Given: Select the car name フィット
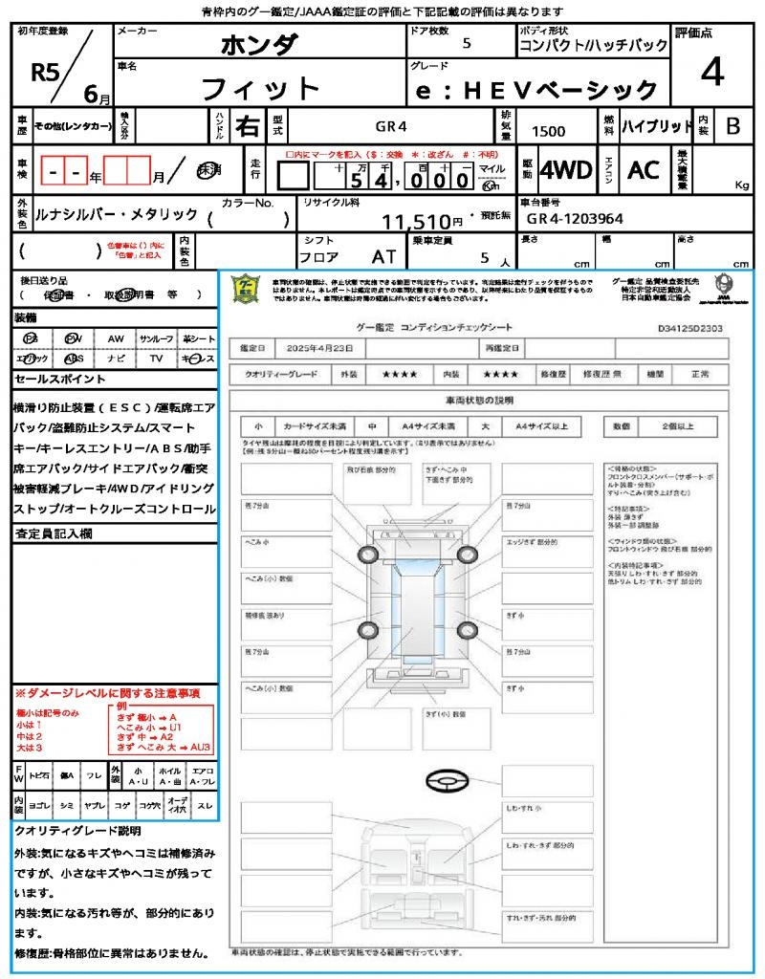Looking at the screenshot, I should pyautogui.click(x=260, y=89).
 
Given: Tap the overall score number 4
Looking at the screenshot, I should pyautogui.click(x=711, y=72).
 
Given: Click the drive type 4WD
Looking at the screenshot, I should pyautogui.click(x=565, y=170).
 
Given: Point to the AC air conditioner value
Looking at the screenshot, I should pyautogui.click(x=644, y=170).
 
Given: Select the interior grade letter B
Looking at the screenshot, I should pyautogui.click(x=732, y=126).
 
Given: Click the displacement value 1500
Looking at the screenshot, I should pyautogui.click(x=548, y=132).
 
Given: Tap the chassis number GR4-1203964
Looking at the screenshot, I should pyautogui.click(x=575, y=219).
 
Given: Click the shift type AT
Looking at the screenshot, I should pyautogui.click(x=383, y=257).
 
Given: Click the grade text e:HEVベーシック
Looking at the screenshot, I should pyautogui.click(x=535, y=91).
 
